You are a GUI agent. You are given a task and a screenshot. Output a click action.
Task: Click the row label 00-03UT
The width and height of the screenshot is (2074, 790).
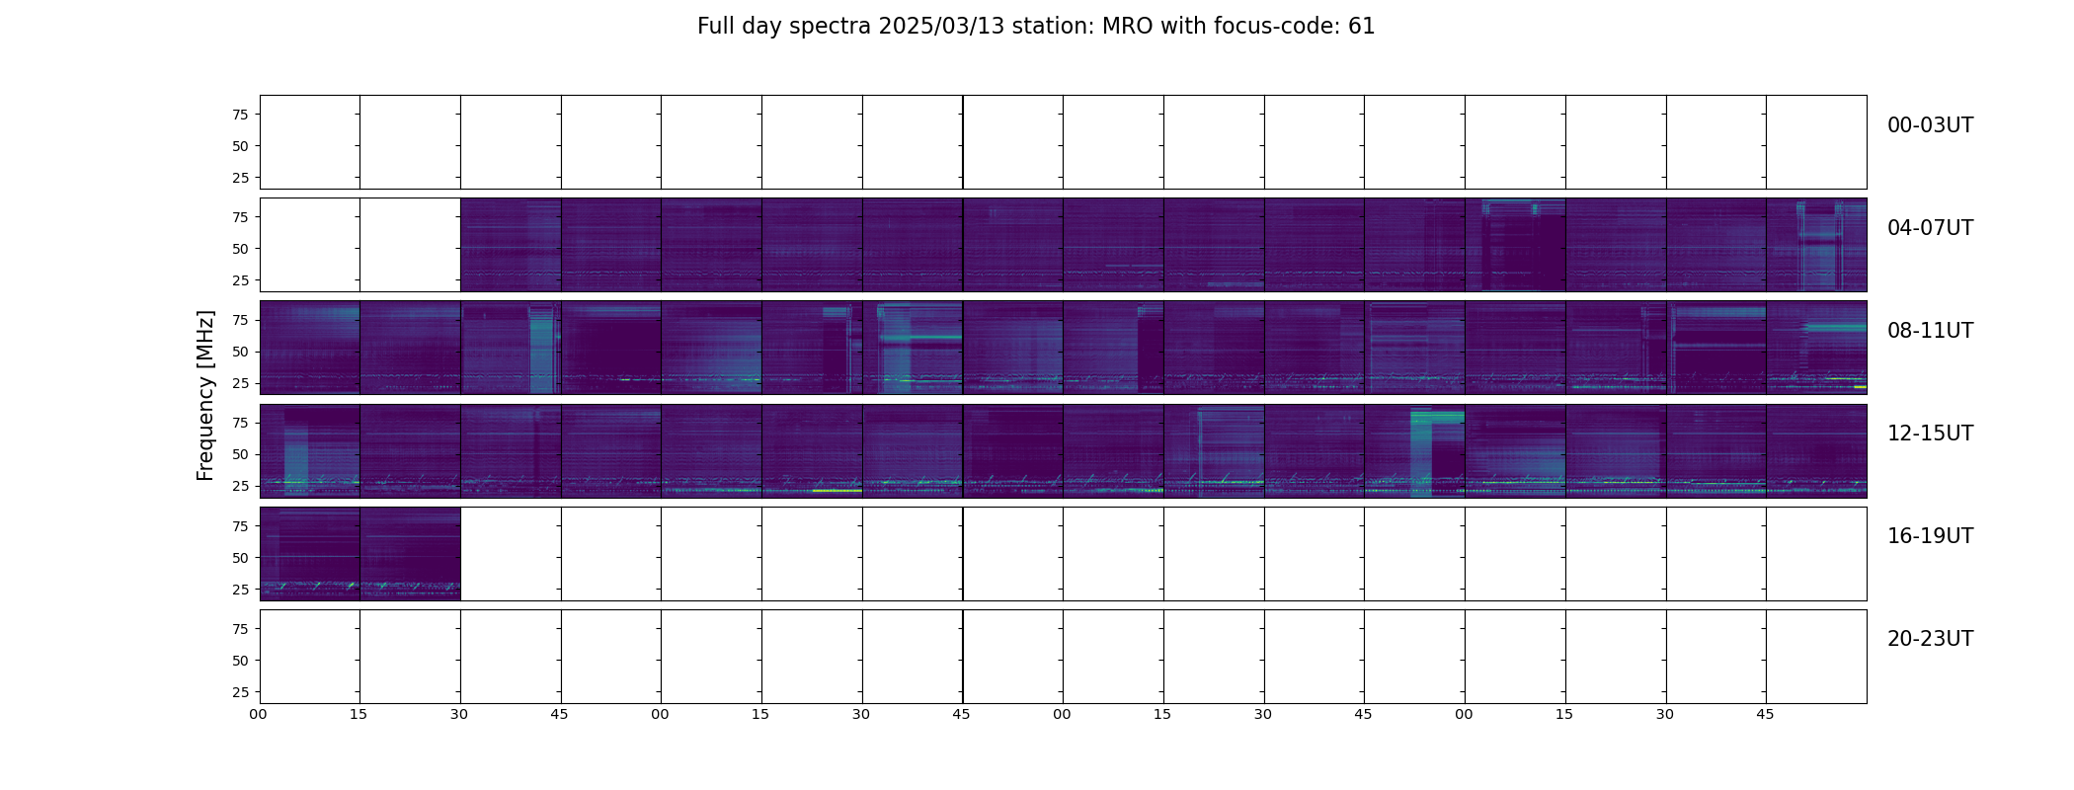[x=1930, y=125]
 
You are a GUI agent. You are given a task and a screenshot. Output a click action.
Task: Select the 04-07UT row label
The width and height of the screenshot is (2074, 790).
[x=1930, y=228]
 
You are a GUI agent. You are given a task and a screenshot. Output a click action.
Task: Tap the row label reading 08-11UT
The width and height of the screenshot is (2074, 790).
[x=1930, y=331]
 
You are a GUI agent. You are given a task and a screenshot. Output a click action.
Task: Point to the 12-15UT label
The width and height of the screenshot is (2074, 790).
[x=1930, y=434]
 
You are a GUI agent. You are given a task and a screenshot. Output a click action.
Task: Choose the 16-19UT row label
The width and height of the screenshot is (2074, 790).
[x=1930, y=536]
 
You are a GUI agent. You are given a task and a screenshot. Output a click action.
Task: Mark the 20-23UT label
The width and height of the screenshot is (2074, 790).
[x=1930, y=639]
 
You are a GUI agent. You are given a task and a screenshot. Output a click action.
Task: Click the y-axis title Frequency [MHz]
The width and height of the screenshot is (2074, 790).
[x=205, y=396]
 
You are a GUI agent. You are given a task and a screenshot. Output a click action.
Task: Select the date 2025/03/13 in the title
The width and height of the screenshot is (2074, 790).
[x=941, y=27]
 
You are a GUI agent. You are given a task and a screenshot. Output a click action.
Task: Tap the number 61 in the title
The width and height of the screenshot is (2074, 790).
[x=1362, y=27]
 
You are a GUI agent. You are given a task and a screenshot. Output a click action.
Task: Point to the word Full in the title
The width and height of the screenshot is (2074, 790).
[x=716, y=27]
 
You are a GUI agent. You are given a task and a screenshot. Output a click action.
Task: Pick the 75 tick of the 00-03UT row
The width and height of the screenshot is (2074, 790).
[x=240, y=115]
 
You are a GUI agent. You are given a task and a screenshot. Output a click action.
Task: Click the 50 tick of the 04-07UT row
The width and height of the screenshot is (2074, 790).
[x=240, y=249]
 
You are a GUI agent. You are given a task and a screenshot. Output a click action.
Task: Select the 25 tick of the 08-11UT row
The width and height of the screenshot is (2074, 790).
[x=240, y=383]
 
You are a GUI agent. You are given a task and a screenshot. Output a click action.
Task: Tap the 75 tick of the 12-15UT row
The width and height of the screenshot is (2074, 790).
[x=240, y=423]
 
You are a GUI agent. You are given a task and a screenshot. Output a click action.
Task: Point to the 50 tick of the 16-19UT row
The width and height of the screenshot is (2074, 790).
[x=240, y=558]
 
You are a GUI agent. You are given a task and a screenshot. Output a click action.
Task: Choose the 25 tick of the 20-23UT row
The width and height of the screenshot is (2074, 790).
[x=240, y=692]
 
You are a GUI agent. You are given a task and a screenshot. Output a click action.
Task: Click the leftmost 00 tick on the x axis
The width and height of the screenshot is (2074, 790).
[x=259, y=714]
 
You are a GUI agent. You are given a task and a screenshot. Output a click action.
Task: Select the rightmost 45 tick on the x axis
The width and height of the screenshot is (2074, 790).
[x=1765, y=714]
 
